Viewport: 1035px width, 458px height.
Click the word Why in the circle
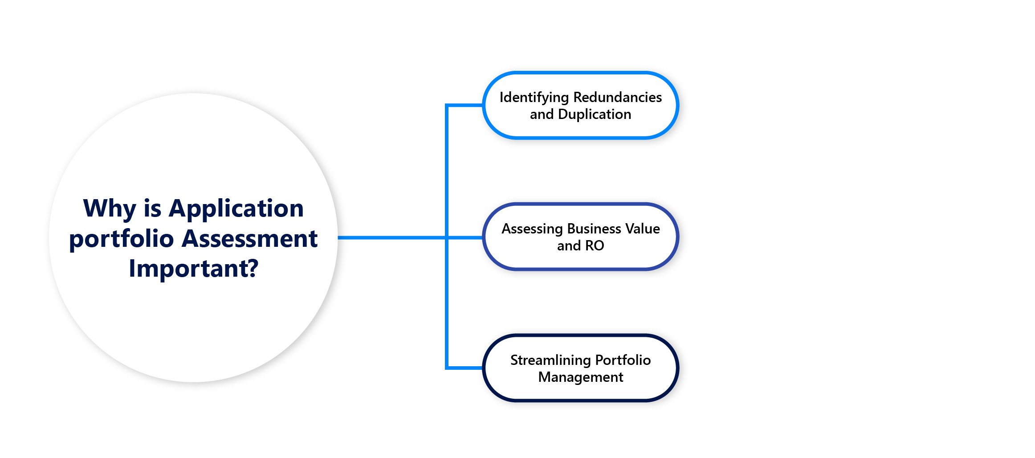click(x=110, y=209)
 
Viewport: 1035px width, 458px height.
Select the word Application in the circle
click(x=236, y=209)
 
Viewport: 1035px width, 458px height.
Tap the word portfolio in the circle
click(x=121, y=239)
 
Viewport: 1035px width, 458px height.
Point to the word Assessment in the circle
click(x=250, y=239)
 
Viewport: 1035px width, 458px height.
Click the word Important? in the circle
click(x=193, y=269)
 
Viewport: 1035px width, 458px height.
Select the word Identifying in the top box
click(x=534, y=98)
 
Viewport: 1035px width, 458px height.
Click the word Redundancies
click(x=617, y=97)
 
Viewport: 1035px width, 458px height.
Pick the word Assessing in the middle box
click(x=532, y=229)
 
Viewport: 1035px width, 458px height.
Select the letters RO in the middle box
click(x=595, y=245)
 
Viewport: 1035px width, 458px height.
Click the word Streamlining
click(x=550, y=360)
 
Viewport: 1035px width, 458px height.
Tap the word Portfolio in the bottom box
click(x=623, y=360)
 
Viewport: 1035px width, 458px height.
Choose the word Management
click(x=580, y=377)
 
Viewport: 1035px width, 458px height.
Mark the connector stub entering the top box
click(x=465, y=106)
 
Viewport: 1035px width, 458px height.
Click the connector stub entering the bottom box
click(x=465, y=368)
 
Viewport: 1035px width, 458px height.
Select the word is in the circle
click(x=152, y=209)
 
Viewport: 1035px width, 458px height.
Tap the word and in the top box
click(x=542, y=114)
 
